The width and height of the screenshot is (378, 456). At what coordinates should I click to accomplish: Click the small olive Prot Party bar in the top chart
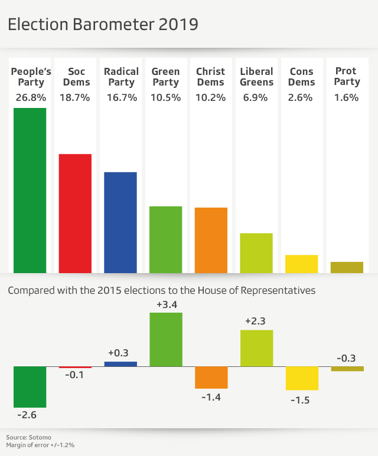pyautogui.click(x=347, y=267)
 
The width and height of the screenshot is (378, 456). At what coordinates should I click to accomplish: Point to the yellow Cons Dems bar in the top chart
pyautogui.click(x=301, y=264)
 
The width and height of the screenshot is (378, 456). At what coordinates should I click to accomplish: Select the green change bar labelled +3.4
pyautogui.click(x=166, y=339)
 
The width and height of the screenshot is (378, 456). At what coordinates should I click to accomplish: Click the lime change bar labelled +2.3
pyautogui.click(x=256, y=348)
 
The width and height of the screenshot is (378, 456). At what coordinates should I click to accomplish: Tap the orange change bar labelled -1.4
pyautogui.click(x=211, y=378)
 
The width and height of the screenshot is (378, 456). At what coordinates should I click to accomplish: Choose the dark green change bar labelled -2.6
pyautogui.click(x=30, y=386)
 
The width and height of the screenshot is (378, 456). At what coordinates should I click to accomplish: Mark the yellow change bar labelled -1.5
pyautogui.click(x=302, y=378)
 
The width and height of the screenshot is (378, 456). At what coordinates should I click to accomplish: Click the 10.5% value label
pyautogui.click(x=166, y=98)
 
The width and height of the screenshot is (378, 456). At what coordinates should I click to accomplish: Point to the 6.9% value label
pyautogui.click(x=256, y=98)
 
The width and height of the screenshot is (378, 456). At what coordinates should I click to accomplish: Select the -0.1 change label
pyautogui.click(x=74, y=375)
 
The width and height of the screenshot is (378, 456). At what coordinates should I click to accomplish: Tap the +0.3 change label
pyautogui.click(x=120, y=353)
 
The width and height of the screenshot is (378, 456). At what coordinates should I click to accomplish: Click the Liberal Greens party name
pyautogui.click(x=256, y=77)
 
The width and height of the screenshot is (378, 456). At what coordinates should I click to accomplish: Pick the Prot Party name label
pyautogui.click(x=347, y=77)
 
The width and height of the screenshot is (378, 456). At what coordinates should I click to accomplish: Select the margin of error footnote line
pyautogui.click(x=40, y=445)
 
